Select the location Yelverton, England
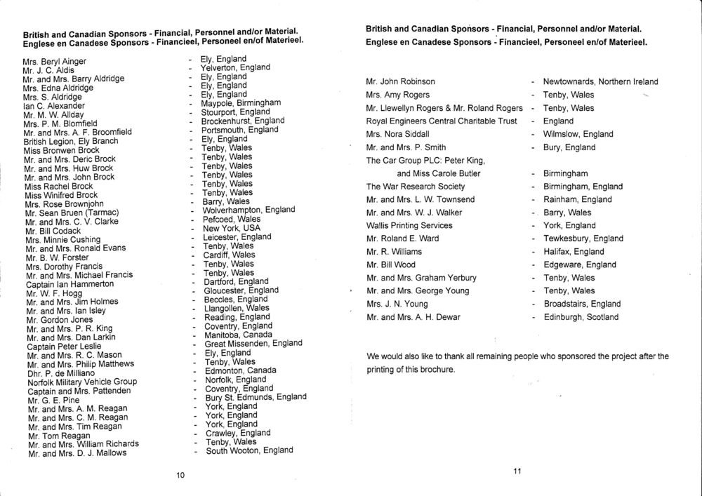235,68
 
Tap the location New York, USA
231,229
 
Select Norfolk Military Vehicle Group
81,382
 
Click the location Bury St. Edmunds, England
256,397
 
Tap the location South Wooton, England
249,450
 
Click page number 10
180,476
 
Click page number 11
517,471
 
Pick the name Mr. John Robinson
400,82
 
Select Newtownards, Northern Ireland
600,82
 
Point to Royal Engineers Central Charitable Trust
442,121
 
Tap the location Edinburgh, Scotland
581,317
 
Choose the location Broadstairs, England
582,304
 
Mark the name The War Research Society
416,187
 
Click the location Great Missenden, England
253,344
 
